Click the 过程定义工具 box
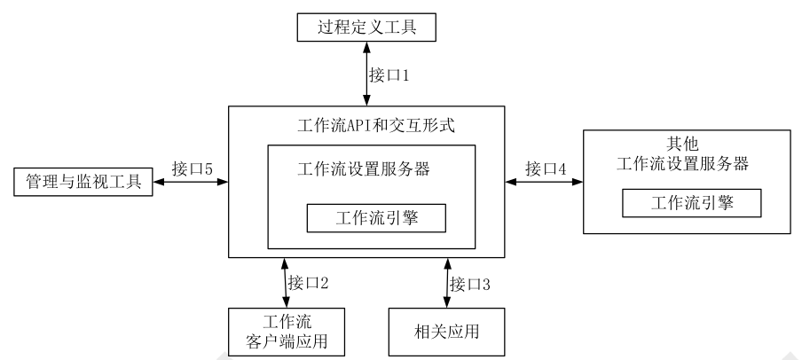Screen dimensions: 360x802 point(366,29)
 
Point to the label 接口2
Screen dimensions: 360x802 point(310,284)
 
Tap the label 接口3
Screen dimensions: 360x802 point(470,284)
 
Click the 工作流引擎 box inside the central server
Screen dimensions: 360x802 point(376,217)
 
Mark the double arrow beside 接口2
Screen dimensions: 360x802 point(286,283)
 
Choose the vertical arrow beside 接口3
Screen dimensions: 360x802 point(446,283)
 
